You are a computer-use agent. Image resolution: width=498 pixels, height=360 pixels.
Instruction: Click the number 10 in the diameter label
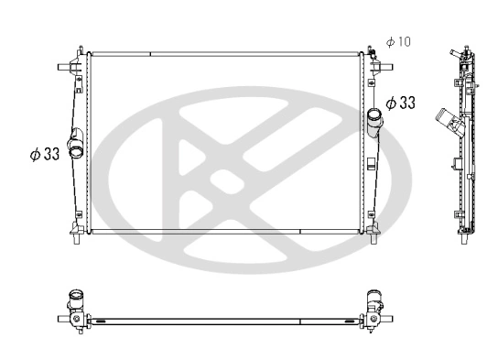(406, 42)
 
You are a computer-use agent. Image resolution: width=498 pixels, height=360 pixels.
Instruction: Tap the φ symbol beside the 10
(390, 42)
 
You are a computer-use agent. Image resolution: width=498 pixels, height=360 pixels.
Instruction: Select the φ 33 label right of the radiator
(400, 103)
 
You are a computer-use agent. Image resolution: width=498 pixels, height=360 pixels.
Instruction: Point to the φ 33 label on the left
(44, 154)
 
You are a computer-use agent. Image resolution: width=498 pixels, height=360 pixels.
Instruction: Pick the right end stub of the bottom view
(389, 318)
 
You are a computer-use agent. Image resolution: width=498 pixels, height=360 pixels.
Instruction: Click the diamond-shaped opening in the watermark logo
(223, 180)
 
